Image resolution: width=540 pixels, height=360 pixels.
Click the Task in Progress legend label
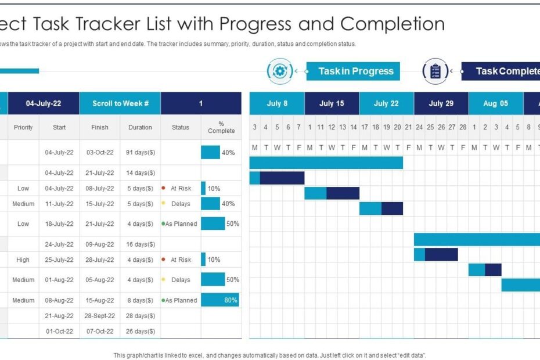(355, 71)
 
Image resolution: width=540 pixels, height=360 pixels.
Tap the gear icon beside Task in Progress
(280, 71)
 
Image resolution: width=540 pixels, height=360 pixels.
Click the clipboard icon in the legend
(435, 71)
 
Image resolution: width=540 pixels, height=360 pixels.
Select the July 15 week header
(332, 103)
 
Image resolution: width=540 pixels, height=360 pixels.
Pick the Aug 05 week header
(496, 103)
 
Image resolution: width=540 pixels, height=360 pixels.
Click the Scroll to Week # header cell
(120, 103)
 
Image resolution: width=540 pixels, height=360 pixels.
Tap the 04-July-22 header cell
(44, 103)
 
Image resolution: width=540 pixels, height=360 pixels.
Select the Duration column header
(140, 127)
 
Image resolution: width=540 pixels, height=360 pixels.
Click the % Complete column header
(221, 127)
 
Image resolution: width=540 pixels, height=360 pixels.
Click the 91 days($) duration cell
(140, 152)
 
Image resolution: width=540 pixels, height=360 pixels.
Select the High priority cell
(23, 260)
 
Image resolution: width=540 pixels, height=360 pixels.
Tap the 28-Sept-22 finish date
(99, 316)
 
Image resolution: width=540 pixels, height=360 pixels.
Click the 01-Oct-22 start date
(59, 331)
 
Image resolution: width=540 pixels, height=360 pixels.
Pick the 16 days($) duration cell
(140, 244)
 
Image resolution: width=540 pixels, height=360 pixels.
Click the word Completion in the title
(393, 24)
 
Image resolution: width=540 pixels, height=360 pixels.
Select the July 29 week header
(441, 103)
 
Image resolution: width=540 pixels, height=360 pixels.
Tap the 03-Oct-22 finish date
(99, 152)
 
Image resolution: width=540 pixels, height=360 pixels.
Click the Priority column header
(23, 127)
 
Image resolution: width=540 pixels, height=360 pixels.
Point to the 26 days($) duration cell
(140, 331)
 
